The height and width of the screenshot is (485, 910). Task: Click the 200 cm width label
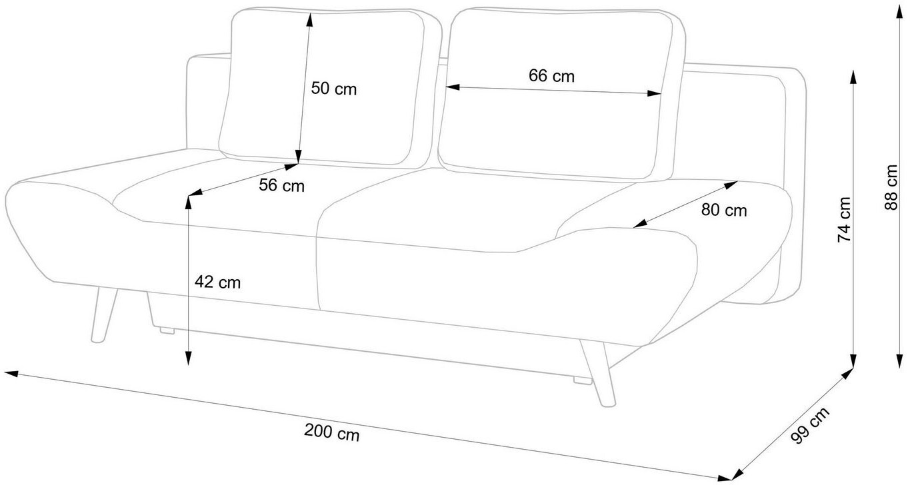[x=331, y=433]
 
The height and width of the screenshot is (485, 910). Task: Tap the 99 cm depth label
[x=810, y=426]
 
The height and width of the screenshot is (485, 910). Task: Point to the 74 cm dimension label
[x=844, y=219]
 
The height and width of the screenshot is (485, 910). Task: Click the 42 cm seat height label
[x=217, y=282]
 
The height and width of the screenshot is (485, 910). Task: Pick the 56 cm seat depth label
[x=281, y=186]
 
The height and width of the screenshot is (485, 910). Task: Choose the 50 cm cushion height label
[x=334, y=89]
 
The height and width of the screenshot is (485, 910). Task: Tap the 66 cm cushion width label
[x=551, y=76]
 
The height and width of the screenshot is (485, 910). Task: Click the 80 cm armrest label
[x=724, y=211]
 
